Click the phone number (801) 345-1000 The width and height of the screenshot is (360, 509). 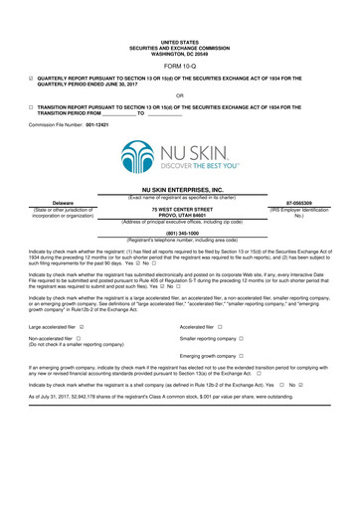pyautogui.click(x=180, y=234)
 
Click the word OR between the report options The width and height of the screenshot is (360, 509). pyautogui.click(x=179, y=95)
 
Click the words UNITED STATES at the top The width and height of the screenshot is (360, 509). pyautogui.click(x=180, y=44)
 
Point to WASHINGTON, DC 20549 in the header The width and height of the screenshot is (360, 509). pyautogui.click(x=180, y=54)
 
